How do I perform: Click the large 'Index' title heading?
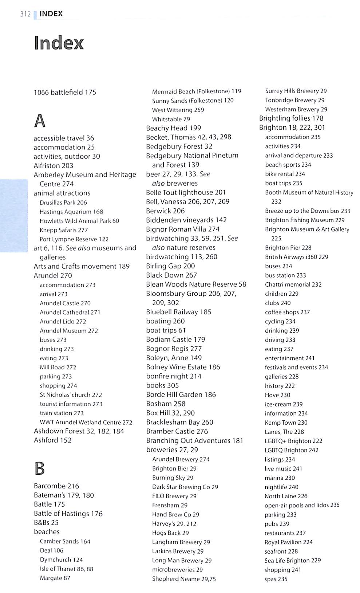[x=59, y=43]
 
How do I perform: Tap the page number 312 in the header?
[x=25, y=14]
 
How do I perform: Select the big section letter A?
[x=40, y=121]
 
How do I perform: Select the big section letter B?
[x=39, y=468]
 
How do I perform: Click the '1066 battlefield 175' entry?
[x=65, y=92]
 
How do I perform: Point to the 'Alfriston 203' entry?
[x=53, y=165]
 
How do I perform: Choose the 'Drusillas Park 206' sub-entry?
[x=63, y=203]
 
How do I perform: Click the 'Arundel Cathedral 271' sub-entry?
[x=70, y=312]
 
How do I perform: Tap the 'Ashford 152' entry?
[x=52, y=440]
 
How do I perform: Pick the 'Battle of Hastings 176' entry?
[x=68, y=514]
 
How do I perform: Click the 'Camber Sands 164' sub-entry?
[x=65, y=541]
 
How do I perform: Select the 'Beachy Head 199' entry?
[x=173, y=128]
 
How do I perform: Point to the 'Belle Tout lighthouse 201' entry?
[x=186, y=192]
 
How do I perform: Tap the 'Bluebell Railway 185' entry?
[x=178, y=312]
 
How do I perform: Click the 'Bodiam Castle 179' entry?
[x=175, y=339]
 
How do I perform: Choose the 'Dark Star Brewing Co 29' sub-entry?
[x=185, y=487]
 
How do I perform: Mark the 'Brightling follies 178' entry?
[x=291, y=118]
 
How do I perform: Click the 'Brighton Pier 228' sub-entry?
[x=288, y=248]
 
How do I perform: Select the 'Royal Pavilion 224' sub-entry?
[x=288, y=542]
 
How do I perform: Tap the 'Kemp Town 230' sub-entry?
[x=286, y=423]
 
